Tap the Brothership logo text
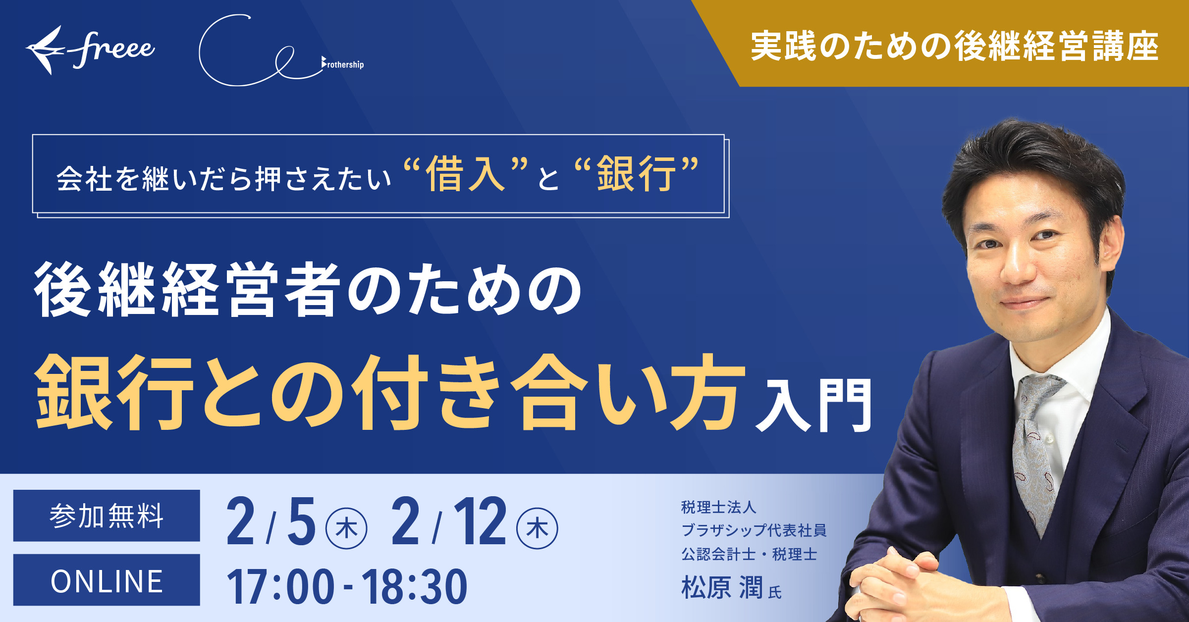coord(343,64)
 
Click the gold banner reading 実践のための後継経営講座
coord(954,47)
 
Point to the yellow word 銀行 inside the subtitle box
coord(636,174)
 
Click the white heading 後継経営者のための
coord(307,290)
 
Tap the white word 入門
coord(812,406)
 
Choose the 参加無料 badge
coord(107,516)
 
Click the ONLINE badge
coord(107,580)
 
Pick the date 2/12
coord(448,522)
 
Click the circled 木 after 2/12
coord(537,528)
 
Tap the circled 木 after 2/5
coord(346,528)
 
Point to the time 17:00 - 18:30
coord(347,587)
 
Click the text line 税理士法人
coord(718,507)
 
